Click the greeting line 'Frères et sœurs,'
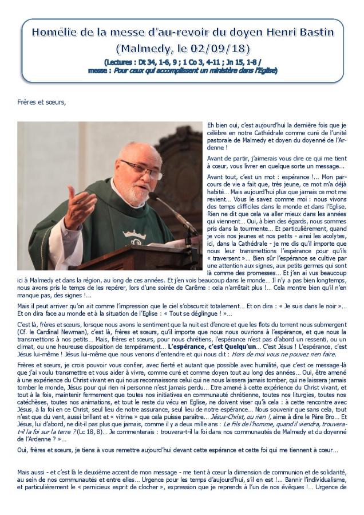[x=42, y=103]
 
